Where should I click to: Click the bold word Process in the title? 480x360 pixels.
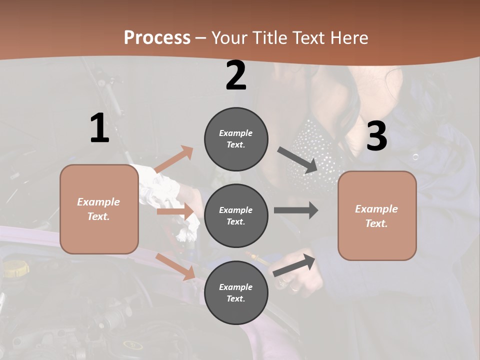click(x=157, y=37)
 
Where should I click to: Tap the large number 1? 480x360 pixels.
click(x=99, y=128)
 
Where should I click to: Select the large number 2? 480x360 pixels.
click(x=236, y=75)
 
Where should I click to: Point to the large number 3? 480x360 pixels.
click(x=377, y=136)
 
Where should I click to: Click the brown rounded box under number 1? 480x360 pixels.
click(x=99, y=209)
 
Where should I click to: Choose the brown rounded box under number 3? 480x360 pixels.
click(x=377, y=215)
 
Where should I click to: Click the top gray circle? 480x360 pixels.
click(x=236, y=139)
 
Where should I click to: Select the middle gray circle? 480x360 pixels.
click(x=236, y=215)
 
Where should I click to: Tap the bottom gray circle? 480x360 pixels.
click(x=236, y=292)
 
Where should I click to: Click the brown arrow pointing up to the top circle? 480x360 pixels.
click(x=173, y=159)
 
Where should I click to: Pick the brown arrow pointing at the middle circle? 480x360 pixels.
click(x=175, y=211)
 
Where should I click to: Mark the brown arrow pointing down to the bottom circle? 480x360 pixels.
click(x=175, y=266)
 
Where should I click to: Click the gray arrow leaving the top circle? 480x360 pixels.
click(x=298, y=160)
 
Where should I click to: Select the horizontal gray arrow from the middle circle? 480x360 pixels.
click(x=296, y=210)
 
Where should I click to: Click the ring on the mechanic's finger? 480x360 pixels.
click(x=295, y=288)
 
